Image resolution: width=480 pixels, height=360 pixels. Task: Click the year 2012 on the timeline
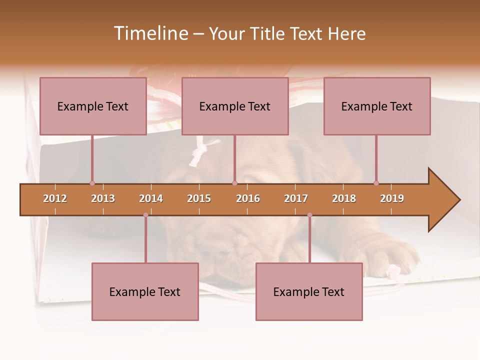(x=55, y=198)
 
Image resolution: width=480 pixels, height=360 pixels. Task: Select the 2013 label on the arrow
(x=103, y=198)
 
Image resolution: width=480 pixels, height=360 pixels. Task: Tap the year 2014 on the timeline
(x=151, y=198)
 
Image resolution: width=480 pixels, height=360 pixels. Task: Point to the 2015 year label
(x=199, y=198)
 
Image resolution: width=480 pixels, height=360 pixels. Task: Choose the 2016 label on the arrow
(x=248, y=198)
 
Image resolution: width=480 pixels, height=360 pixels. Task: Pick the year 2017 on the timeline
(x=296, y=198)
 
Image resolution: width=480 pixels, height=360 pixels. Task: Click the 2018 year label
(x=344, y=198)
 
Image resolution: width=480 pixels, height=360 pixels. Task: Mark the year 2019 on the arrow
(x=392, y=198)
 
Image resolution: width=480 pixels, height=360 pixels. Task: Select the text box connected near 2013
(x=93, y=106)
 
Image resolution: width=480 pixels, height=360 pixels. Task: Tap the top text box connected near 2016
(x=235, y=106)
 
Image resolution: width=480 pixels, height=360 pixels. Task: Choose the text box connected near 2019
(x=377, y=106)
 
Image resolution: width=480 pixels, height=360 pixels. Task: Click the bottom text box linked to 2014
(x=145, y=291)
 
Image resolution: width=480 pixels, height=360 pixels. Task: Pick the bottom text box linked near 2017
(x=309, y=291)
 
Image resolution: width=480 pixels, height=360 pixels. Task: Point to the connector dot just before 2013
(x=92, y=183)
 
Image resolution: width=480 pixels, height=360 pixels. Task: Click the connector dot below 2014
(x=145, y=215)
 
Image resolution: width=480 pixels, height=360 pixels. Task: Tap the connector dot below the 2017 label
(x=309, y=215)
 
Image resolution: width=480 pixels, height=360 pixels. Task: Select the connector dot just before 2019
(x=376, y=183)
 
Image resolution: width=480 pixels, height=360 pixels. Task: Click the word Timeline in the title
(x=150, y=33)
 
